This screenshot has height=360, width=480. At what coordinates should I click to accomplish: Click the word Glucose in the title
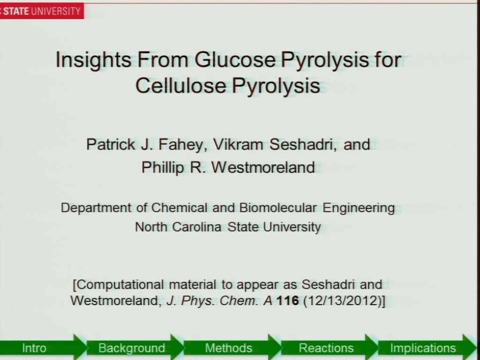click(235, 60)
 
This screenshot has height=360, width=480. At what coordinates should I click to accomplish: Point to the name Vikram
click(238, 144)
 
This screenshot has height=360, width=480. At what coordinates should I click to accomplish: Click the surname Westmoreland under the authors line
click(263, 167)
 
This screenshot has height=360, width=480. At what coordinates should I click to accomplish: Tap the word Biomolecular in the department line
click(277, 208)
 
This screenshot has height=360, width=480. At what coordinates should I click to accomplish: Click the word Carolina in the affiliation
click(196, 227)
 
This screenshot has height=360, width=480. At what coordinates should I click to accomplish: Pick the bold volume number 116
click(287, 300)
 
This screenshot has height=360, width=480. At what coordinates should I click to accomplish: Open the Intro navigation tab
click(34, 348)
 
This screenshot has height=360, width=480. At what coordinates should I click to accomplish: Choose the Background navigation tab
click(132, 348)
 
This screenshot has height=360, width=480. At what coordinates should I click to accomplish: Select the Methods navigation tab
click(229, 348)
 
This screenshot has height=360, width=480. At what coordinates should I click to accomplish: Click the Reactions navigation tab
click(326, 348)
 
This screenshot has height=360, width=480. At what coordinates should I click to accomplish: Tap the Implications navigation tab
click(423, 348)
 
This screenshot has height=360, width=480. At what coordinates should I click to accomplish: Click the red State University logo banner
click(42, 11)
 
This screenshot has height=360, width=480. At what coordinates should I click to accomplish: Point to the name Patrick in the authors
click(111, 144)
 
